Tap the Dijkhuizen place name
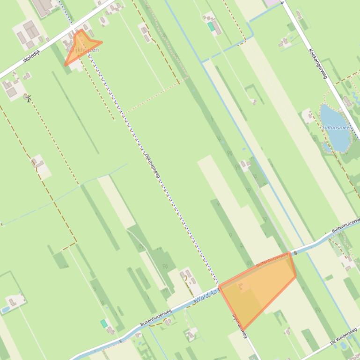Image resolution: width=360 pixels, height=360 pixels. click(85, 50)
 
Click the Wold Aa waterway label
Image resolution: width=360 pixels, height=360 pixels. click(206, 294)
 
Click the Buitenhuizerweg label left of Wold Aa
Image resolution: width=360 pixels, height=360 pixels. click(156, 317)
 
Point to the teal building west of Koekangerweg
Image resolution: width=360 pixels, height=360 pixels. click(212, 27)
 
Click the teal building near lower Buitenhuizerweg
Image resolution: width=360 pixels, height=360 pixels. click(104, 323)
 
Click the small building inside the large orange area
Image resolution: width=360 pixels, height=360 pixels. click(243, 286)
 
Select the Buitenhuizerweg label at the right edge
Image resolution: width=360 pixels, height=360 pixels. click(346, 227)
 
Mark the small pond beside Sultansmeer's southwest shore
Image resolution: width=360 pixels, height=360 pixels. click(326, 147)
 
